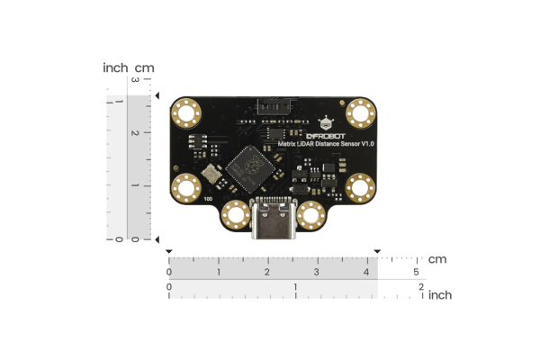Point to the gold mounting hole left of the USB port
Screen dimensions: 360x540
[235, 215]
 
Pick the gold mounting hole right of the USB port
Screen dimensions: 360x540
[312, 215]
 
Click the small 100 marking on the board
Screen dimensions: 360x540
[208, 199]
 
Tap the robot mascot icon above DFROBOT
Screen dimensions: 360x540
[327, 122]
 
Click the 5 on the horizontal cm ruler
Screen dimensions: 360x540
[416, 272]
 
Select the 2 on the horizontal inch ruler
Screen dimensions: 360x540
[420, 287]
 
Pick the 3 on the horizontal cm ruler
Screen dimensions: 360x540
[317, 272]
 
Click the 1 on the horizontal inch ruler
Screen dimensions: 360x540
[295, 287]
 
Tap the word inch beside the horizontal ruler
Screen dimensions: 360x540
[440, 294]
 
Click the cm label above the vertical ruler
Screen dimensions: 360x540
[145, 67]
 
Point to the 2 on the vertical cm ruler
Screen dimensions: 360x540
[135, 133]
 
